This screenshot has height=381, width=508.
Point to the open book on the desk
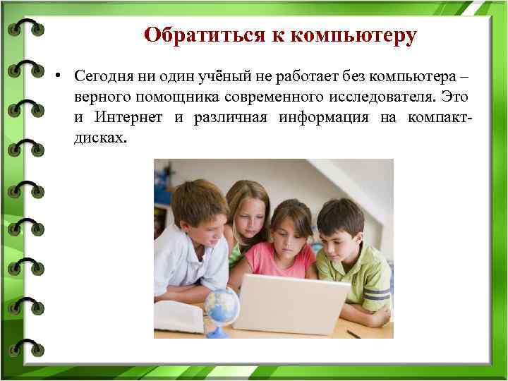pos(177,315)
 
